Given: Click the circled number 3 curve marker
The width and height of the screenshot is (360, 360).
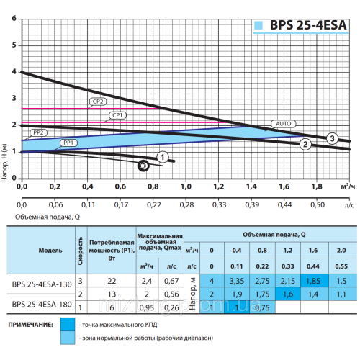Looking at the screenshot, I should coord(331,138).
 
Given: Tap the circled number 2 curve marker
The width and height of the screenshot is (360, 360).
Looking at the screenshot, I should coord(305,145).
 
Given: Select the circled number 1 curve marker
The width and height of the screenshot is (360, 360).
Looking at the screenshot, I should coord(163,156).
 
